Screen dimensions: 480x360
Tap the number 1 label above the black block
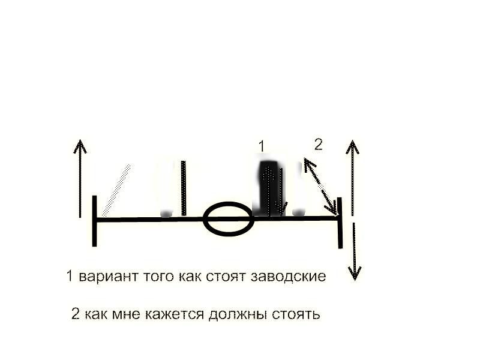point(261,146)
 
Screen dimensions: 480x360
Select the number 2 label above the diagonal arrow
point(319,144)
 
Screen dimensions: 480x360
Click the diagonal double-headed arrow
point(320,186)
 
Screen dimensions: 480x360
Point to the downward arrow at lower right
point(355,251)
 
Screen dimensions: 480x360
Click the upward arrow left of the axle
point(80,178)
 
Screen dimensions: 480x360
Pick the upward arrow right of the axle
point(353,178)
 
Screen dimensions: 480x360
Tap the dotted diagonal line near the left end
point(116,190)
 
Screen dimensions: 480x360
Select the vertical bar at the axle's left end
point(95,221)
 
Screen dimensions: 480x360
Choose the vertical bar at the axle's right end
point(340,223)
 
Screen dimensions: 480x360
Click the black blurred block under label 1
point(269,187)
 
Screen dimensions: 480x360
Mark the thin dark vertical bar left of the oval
point(184,188)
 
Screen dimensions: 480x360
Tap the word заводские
point(288,277)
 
